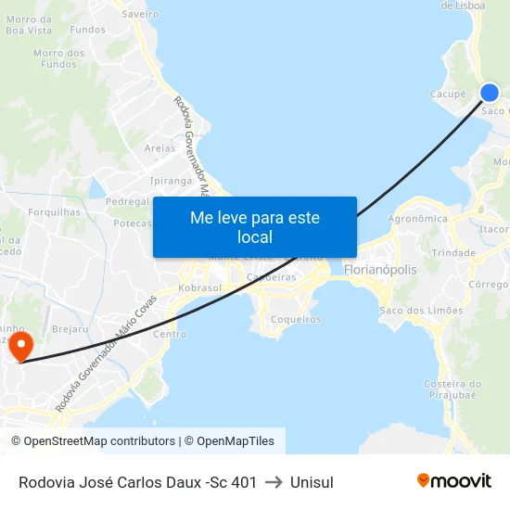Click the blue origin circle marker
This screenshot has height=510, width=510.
click(x=490, y=92)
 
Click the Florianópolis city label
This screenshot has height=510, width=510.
click(x=380, y=270)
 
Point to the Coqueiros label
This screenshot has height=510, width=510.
click(x=295, y=319)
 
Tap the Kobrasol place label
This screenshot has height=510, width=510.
click(x=194, y=288)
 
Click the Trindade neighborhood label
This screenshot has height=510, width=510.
click(x=453, y=252)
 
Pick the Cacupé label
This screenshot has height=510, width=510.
click(x=448, y=95)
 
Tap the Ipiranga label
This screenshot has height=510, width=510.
click(x=170, y=181)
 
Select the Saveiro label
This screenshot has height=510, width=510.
click(x=140, y=14)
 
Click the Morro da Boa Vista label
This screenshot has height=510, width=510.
click(x=29, y=25)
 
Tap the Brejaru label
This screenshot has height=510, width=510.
click(x=70, y=329)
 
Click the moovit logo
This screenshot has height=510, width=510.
click(x=454, y=480)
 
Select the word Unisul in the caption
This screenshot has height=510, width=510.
click(x=312, y=481)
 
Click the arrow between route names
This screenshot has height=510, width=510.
click(x=274, y=481)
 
